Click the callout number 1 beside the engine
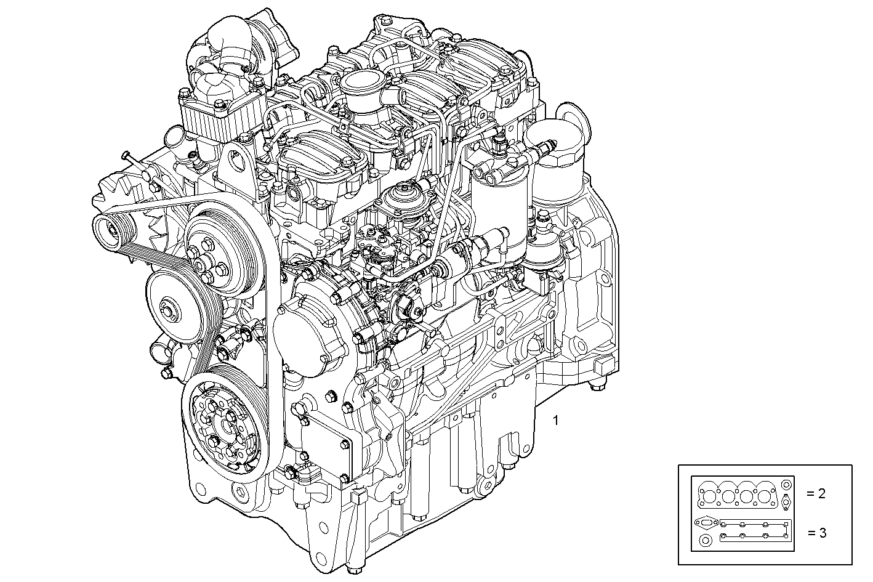point(556,421)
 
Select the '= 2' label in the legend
point(816,493)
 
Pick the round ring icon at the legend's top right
point(786,485)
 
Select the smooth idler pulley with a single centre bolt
point(169,306)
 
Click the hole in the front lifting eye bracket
point(233,163)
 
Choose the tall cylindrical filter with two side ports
point(499,203)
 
